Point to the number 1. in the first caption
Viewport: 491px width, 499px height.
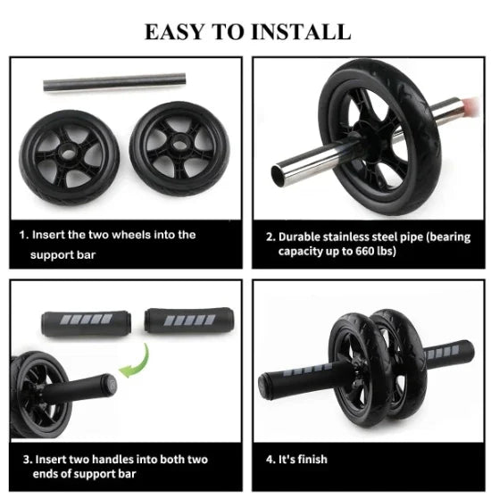point(24,236)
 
